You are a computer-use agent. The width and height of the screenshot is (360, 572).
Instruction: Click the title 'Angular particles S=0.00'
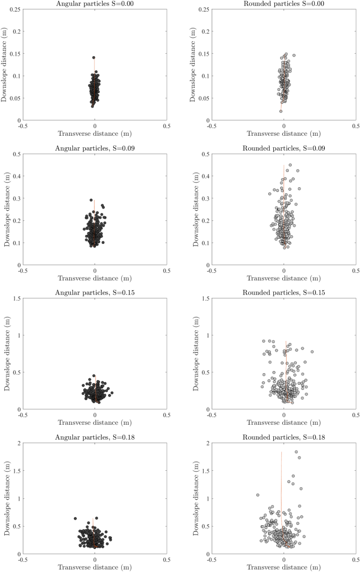pos(95,4)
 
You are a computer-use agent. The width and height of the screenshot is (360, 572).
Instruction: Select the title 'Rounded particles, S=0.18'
pos(284,438)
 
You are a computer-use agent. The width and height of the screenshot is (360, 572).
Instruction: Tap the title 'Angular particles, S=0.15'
pos(95,293)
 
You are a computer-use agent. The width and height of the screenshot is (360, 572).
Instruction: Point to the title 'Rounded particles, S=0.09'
pos(284,148)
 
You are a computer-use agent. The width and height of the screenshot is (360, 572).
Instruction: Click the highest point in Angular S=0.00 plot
pos(94,58)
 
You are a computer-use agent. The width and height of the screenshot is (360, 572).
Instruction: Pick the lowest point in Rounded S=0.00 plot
pos(281,111)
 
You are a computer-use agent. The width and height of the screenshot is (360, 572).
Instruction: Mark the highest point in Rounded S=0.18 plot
pos(296,452)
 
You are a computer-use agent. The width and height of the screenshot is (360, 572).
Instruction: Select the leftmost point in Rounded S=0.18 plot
pos(258,495)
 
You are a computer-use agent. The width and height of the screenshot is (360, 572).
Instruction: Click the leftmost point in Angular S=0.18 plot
pos(75,518)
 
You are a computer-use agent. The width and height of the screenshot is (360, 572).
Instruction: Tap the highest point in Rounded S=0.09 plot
pos(290,165)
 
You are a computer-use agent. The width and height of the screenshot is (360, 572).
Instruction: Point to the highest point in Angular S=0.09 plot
pos(91,200)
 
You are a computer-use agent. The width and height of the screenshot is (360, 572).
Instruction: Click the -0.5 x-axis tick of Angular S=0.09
pos(23,271)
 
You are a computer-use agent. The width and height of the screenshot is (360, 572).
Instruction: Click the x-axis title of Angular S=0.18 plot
pos(95,567)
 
